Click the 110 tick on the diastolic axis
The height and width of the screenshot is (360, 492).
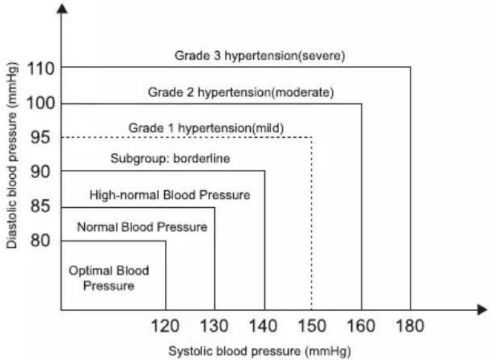pyautogui.click(x=41, y=69)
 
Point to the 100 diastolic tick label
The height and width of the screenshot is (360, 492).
pyautogui.click(x=41, y=103)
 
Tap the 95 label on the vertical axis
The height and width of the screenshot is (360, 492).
pyautogui.click(x=40, y=137)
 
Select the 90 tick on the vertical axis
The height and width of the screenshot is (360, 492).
pyautogui.click(x=40, y=172)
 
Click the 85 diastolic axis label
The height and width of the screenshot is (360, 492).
pyautogui.click(x=40, y=206)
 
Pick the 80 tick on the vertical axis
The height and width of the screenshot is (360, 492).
pyautogui.click(x=40, y=241)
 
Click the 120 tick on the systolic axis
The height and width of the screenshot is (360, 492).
pyautogui.click(x=165, y=326)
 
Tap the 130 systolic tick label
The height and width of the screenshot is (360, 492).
pyautogui.click(x=214, y=326)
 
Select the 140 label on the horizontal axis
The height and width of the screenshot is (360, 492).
pyautogui.click(x=263, y=326)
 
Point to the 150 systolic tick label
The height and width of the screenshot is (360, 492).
pyautogui.click(x=312, y=326)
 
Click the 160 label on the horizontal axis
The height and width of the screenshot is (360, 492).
pyautogui.click(x=361, y=326)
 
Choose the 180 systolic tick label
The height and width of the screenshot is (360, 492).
pyautogui.click(x=410, y=326)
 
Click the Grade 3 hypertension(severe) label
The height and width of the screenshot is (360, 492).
pyautogui.click(x=260, y=56)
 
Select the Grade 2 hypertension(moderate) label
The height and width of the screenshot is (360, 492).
pyautogui.click(x=241, y=92)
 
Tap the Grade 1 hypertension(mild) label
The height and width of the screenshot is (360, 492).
pyautogui.click(x=206, y=128)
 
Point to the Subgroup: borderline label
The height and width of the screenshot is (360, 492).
pyautogui.click(x=170, y=158)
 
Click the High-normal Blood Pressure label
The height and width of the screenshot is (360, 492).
pyautogui.click(x=170, y=195)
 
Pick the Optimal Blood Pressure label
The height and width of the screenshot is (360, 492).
pyautogui.click(x=109, y=278)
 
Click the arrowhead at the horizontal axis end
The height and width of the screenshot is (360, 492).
pyautogui.click(x=482, y=310)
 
